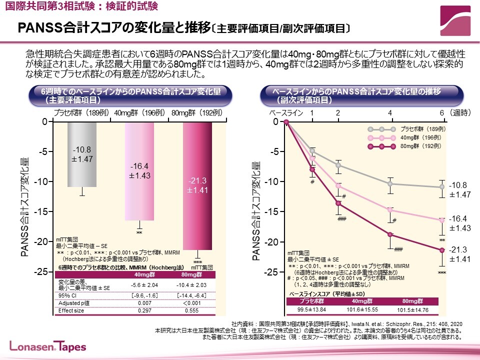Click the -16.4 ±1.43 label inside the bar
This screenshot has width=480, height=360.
click(139, 171)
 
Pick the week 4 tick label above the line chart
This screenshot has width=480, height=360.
click(390, 113)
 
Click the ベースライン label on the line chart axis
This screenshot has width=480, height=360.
click(286, 113)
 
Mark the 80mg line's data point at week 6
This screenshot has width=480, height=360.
click(442, 250)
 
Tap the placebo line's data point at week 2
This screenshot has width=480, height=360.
click(338, 165)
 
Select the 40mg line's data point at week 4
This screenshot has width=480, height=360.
click(390, 209)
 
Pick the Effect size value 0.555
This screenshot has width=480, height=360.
click(192, 310)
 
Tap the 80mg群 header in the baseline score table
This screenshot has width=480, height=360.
click(412, 301)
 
